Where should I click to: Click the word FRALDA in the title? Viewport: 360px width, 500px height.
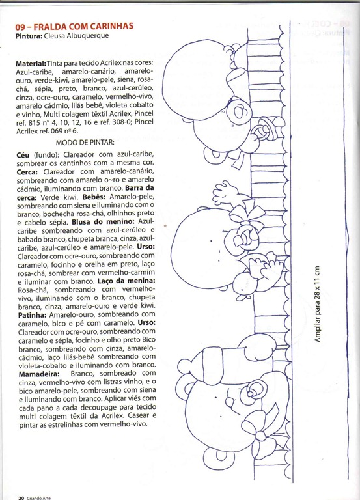[x=49, y=26]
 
